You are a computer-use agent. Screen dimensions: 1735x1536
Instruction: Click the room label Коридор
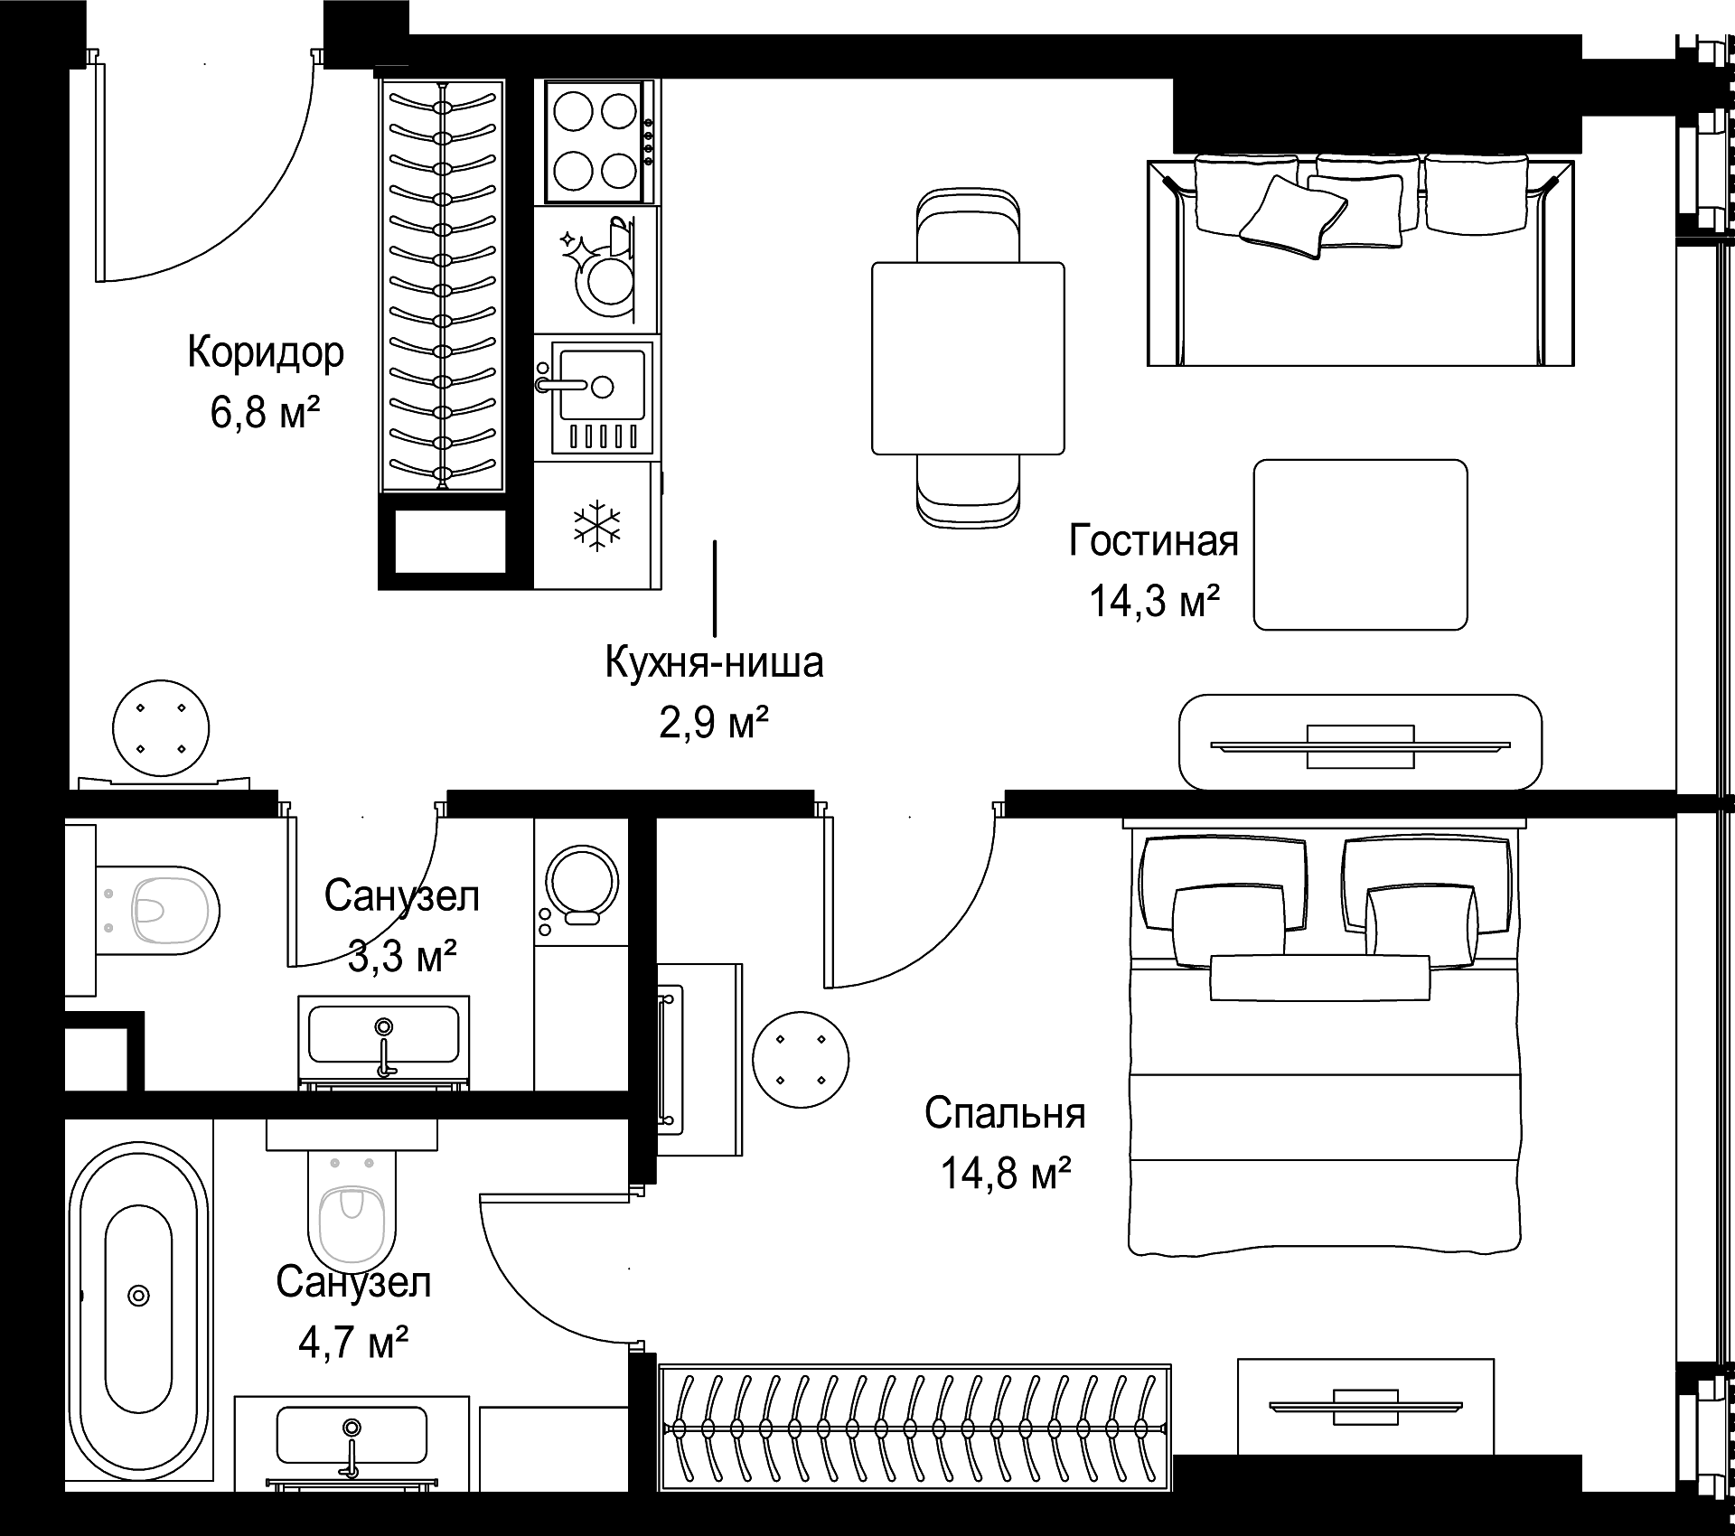266,353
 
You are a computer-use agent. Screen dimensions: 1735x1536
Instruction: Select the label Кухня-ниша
714,662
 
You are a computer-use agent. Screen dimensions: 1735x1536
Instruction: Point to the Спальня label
1005,1113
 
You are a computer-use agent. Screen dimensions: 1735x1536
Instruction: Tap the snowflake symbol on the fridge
598,526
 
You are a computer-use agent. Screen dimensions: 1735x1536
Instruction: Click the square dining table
968,358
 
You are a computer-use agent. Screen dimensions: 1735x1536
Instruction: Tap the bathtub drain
138,1295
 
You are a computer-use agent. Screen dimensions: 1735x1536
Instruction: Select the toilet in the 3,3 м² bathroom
157,910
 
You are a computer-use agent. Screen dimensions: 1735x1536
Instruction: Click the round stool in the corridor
161,728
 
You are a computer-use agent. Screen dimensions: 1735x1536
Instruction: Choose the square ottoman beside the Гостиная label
1360,545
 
